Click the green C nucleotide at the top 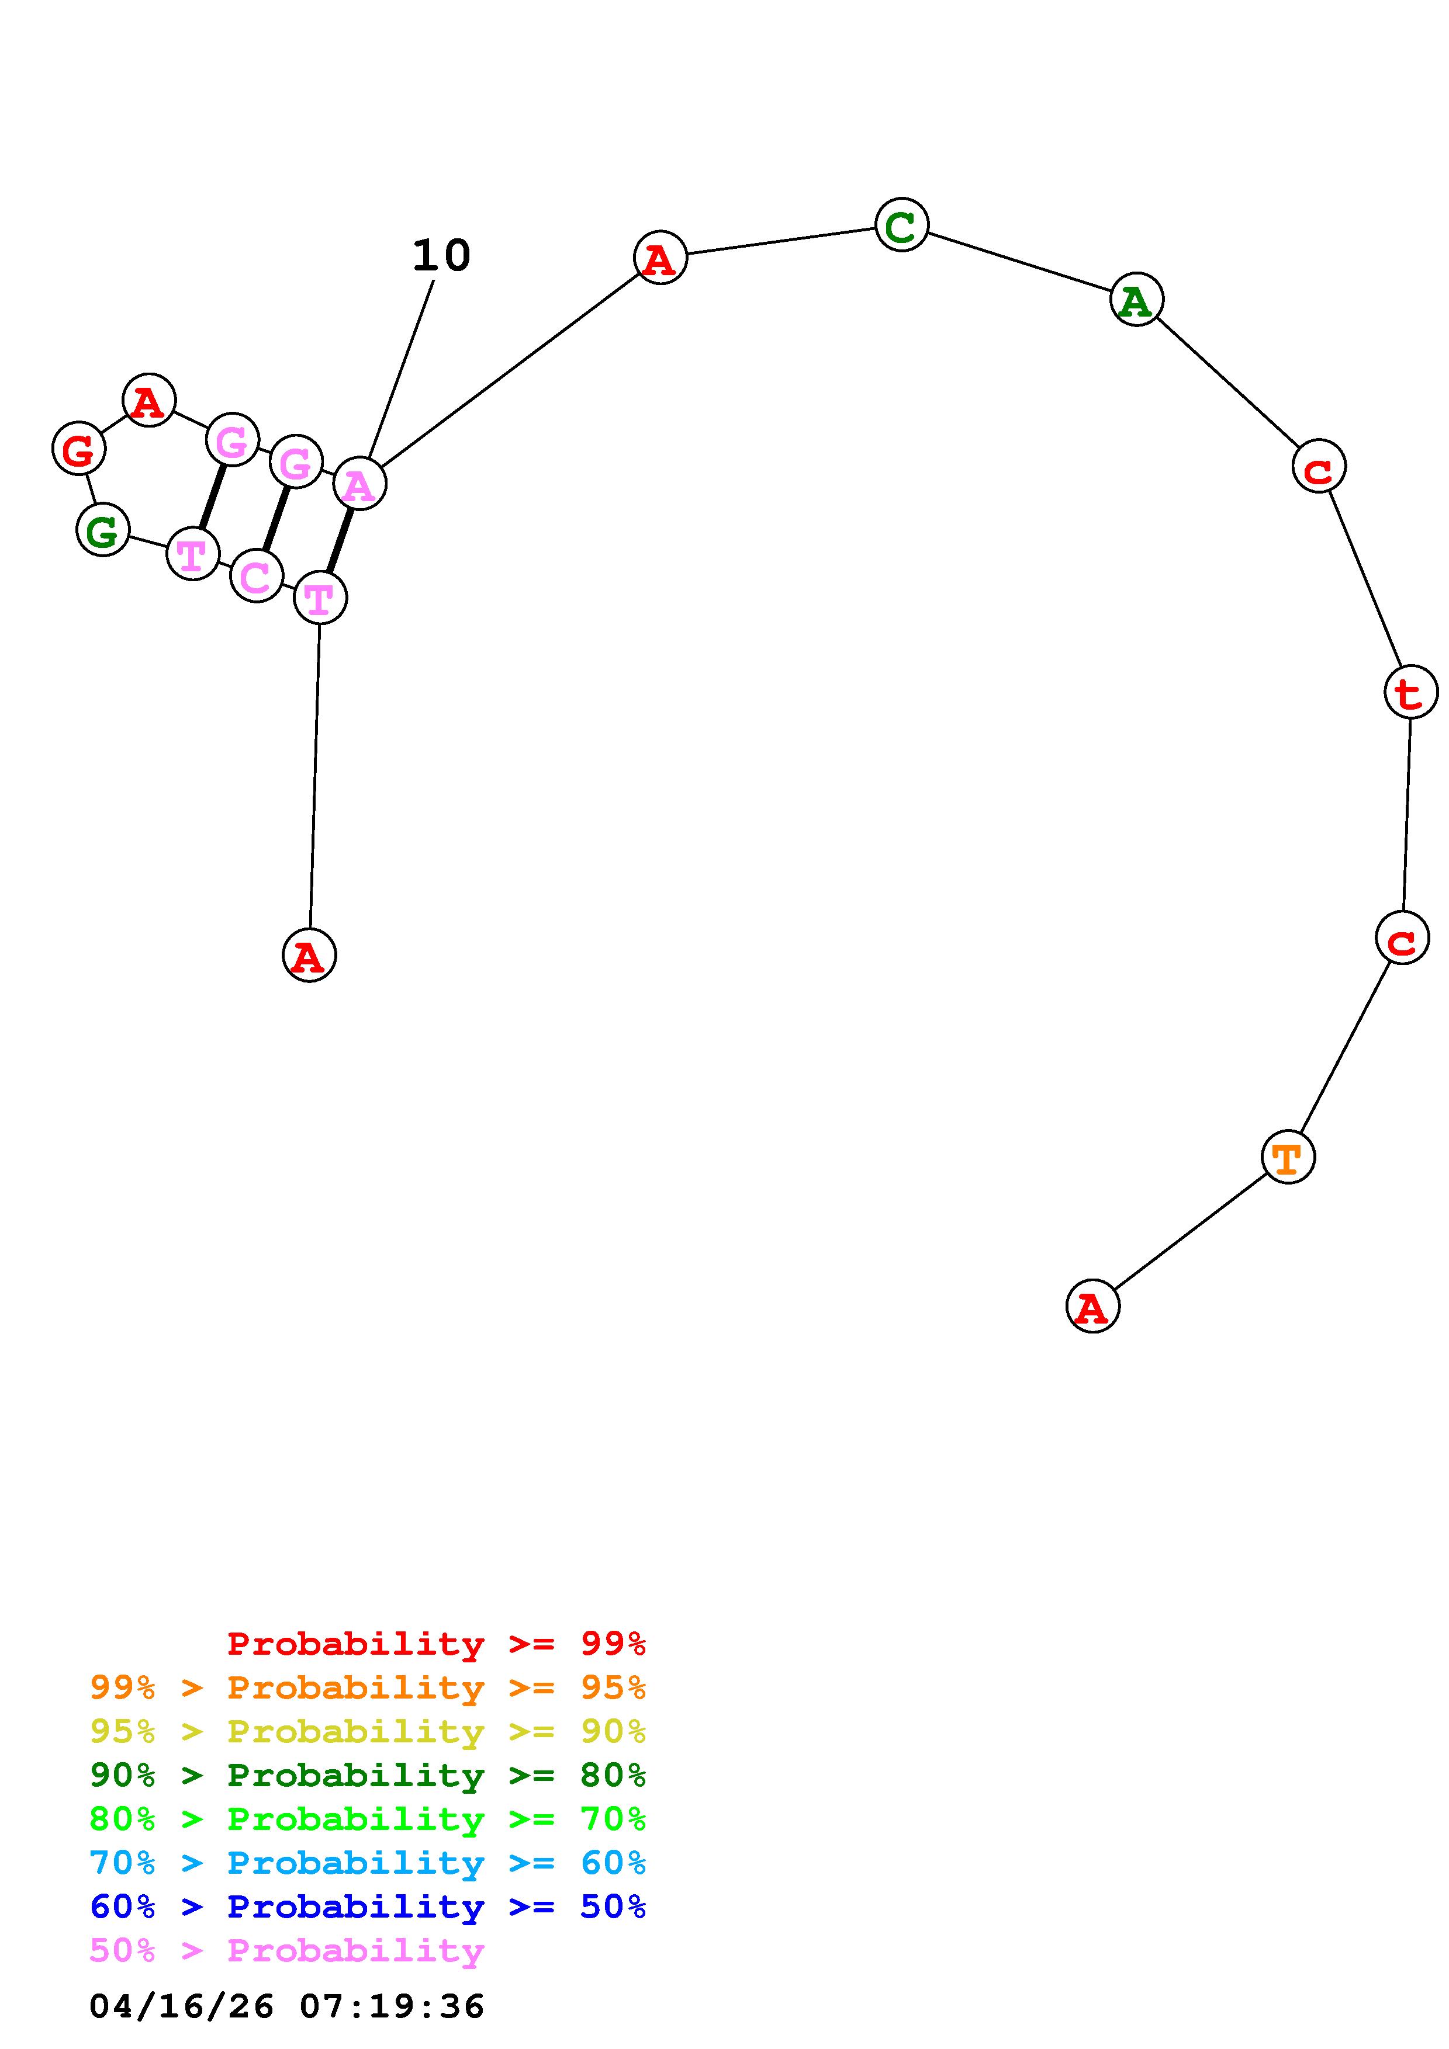[x=902, y=225]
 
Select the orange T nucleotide [x=1288, y=1158]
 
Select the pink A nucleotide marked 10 [x=359, y=485]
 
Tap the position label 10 [x=441, y=256]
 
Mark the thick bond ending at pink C [x=276, y=519]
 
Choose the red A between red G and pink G [x=149, y=401]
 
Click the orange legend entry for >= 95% [x=368, y=1687]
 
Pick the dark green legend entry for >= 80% [x=368, y=1775]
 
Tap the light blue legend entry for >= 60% [x=368, y=1863]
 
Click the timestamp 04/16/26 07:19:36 [x=286, y=2006]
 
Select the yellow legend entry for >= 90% [x=368, y=1731]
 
